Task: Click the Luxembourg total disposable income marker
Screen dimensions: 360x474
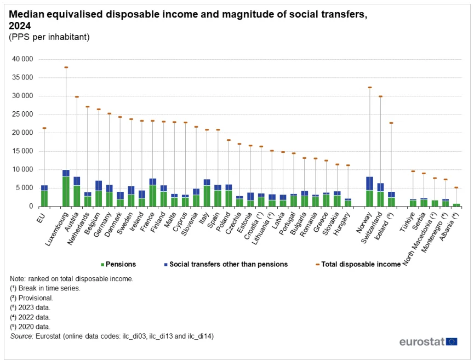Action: point(66,67)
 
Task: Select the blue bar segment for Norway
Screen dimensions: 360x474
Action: point(369,183)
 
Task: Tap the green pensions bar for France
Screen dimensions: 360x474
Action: point(152,196)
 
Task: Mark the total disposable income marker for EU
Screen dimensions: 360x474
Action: point(44,128)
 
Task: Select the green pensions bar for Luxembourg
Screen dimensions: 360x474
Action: point(66,191)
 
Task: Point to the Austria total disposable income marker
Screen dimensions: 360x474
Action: point(77,97)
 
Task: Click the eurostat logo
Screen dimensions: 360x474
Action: point(428,342)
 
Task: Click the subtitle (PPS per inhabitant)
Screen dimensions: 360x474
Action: point(49,37)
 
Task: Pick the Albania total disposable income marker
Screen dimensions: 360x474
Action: point(456,187)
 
